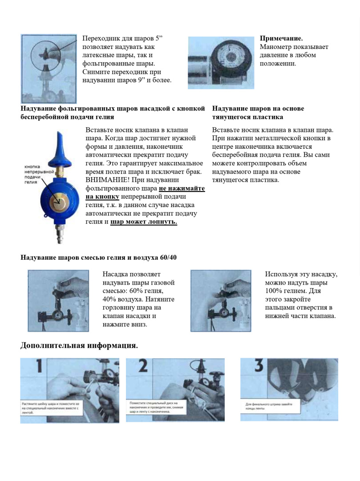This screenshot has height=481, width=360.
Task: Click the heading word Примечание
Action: click(x=281, y=38)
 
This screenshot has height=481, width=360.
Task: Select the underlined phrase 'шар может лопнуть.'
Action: click(x=144, y=221)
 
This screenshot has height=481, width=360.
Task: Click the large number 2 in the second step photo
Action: click(x=143, y=366)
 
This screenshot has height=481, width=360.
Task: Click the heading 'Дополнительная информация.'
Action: click(x=79, y=346)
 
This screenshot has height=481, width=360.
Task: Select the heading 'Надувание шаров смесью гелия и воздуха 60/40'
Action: click(x=98, y=257)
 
